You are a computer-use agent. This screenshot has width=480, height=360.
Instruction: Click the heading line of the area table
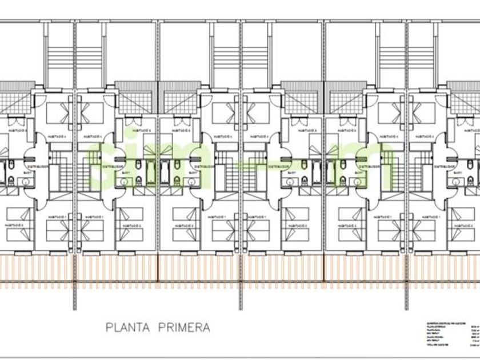tap(446, 323)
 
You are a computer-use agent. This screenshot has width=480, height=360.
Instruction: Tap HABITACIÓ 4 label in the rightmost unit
tap(425, 137)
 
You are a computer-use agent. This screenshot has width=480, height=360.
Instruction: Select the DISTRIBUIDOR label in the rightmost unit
tap(445, 167)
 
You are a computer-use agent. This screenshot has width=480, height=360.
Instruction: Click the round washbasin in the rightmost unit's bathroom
tap(456, 182)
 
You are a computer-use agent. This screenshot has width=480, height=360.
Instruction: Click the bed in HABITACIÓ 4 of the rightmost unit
tap(422, 113)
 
